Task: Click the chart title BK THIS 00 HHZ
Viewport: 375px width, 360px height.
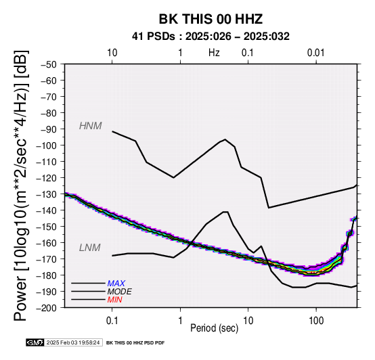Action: (x=211, y=19)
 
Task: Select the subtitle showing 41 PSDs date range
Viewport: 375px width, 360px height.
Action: (x=211, y=37)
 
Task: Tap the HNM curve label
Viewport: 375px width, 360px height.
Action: (x=91, y=126)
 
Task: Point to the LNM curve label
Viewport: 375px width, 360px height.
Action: (x=89, y=248)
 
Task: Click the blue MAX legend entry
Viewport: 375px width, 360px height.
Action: (x=116, y=284)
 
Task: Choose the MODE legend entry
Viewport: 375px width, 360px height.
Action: (x=119, y=292)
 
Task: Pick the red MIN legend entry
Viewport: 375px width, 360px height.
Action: (x=115, y=300)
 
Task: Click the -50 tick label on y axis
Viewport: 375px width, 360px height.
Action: (x=49, y=64)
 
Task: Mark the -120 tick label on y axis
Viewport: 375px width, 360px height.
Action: (x=47, y=178)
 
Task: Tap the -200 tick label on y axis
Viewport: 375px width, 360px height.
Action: (x=47, y=308)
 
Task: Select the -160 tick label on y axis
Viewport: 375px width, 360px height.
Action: (x=47, y=243)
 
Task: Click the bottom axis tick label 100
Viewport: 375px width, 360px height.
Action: (x=316, y=321)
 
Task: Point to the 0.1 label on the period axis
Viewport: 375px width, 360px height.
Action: (x=112, y=321)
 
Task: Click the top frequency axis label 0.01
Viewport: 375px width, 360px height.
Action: (x=316, y=53)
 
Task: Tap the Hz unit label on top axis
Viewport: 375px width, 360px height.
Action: (x=214, y=53)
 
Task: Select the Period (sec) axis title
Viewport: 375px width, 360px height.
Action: (x=215, y=328)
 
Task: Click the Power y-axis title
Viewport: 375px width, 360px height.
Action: (x=21, y=185)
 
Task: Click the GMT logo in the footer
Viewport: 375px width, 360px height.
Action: (x=35, y=342)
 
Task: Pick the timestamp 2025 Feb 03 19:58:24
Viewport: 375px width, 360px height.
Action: (x=73, y=342)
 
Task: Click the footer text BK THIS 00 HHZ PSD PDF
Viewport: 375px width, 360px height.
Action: (x=135, y=343)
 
